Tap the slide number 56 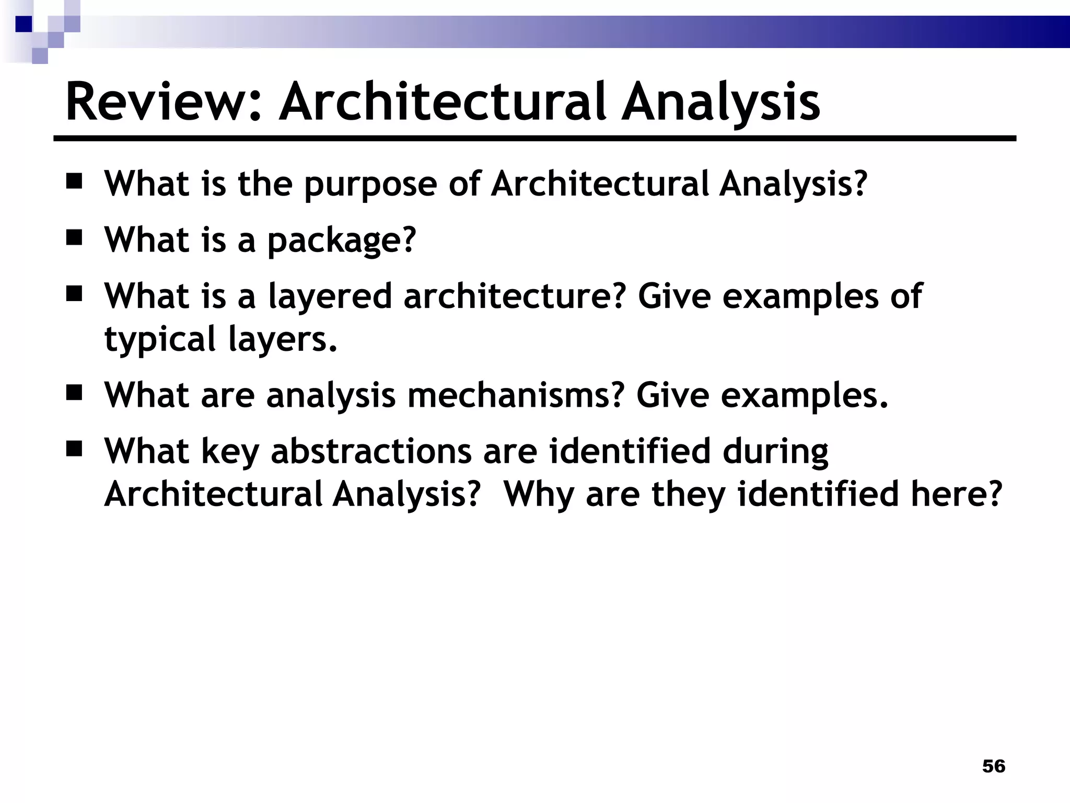(x=994, y=766)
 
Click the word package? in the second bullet (x=342, y=240)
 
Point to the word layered (x=330, y=296)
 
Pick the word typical (x=160, y=339)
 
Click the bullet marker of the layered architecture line (x=75, y=294)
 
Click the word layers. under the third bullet (x=283, y=339)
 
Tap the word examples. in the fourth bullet (x=805, y=396)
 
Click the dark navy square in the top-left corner (x=24, y=24)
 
